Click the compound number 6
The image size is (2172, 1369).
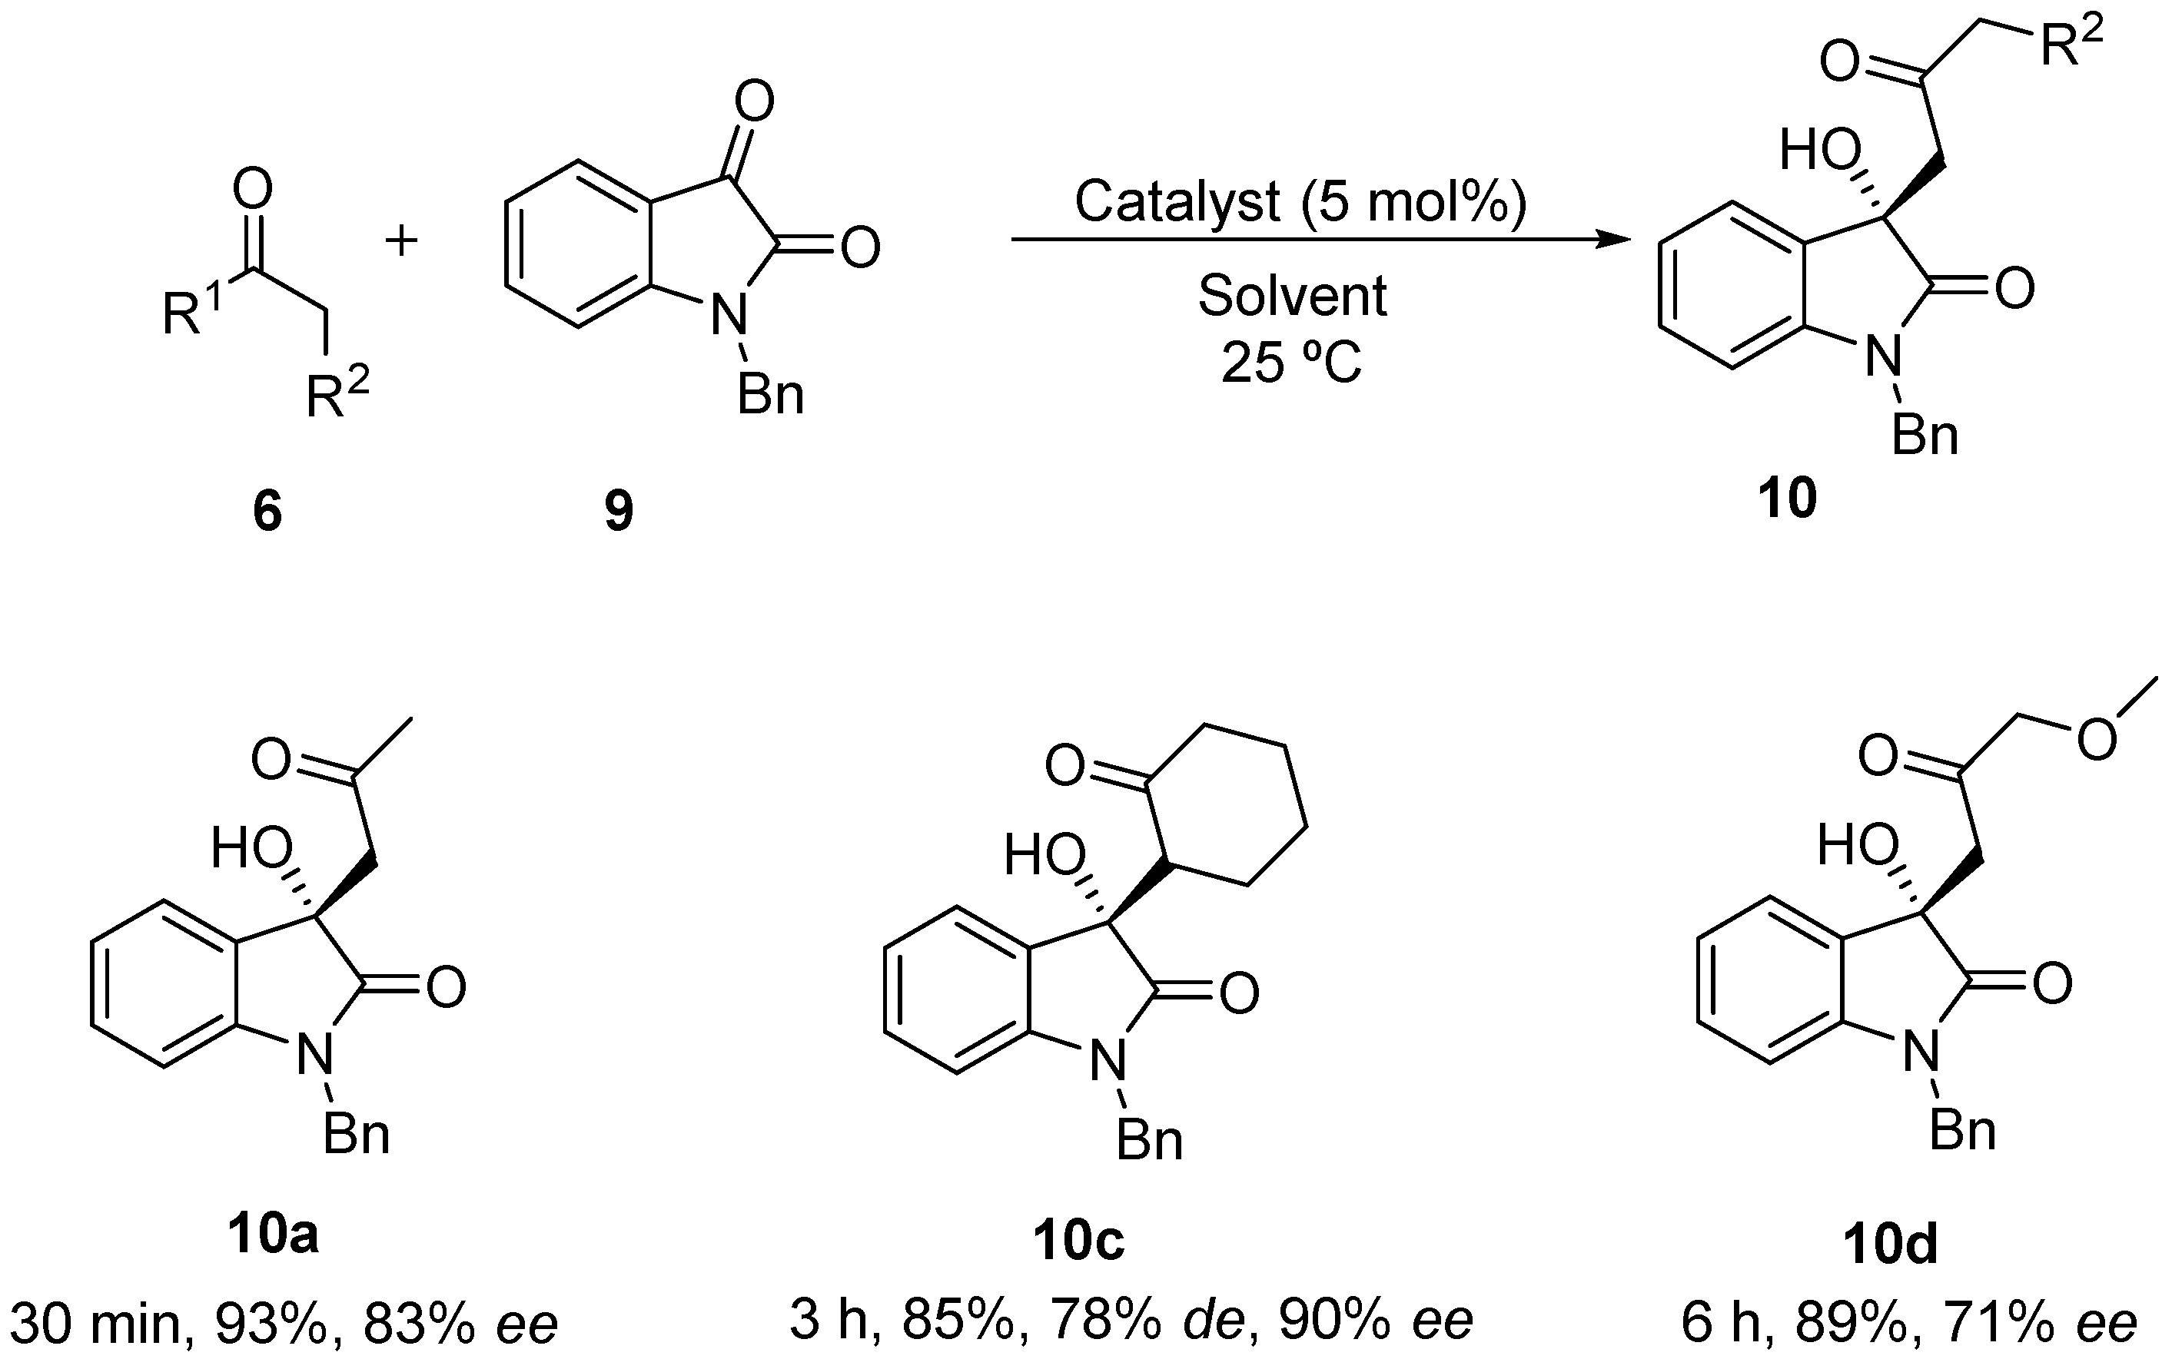click(267, 512)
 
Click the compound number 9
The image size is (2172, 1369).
click(619, 512)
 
